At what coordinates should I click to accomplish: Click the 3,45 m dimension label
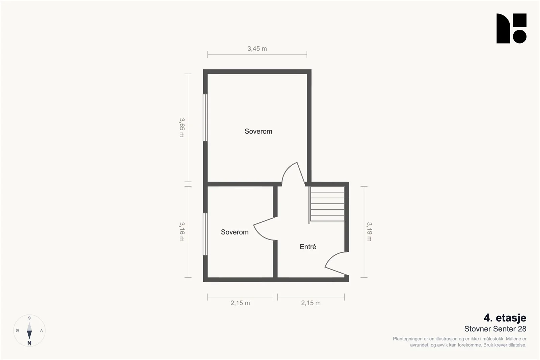pos(257,49)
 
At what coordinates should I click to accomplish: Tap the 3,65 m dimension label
pos(182,128)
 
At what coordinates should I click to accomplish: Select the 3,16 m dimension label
pos(182,231)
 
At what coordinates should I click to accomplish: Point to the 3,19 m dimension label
pos(369,231)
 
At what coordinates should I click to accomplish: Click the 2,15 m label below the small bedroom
pos(240,303)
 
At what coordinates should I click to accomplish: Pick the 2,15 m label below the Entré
pos(311,303)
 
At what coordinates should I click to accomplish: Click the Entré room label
pos(308,247)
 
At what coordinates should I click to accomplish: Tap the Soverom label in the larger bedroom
pos(258,131)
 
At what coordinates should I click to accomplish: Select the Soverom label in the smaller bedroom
pos(235,232)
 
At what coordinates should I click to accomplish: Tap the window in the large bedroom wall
pos(205,117)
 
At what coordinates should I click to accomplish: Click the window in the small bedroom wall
pos(205,234)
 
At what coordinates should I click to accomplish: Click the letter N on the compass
pos(29,343)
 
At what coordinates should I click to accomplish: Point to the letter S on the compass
pos(29,318)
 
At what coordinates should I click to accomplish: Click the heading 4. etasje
pos(505,318)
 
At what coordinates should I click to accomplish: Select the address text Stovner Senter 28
pos(495,329)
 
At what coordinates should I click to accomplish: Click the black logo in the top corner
pos(511,28)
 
